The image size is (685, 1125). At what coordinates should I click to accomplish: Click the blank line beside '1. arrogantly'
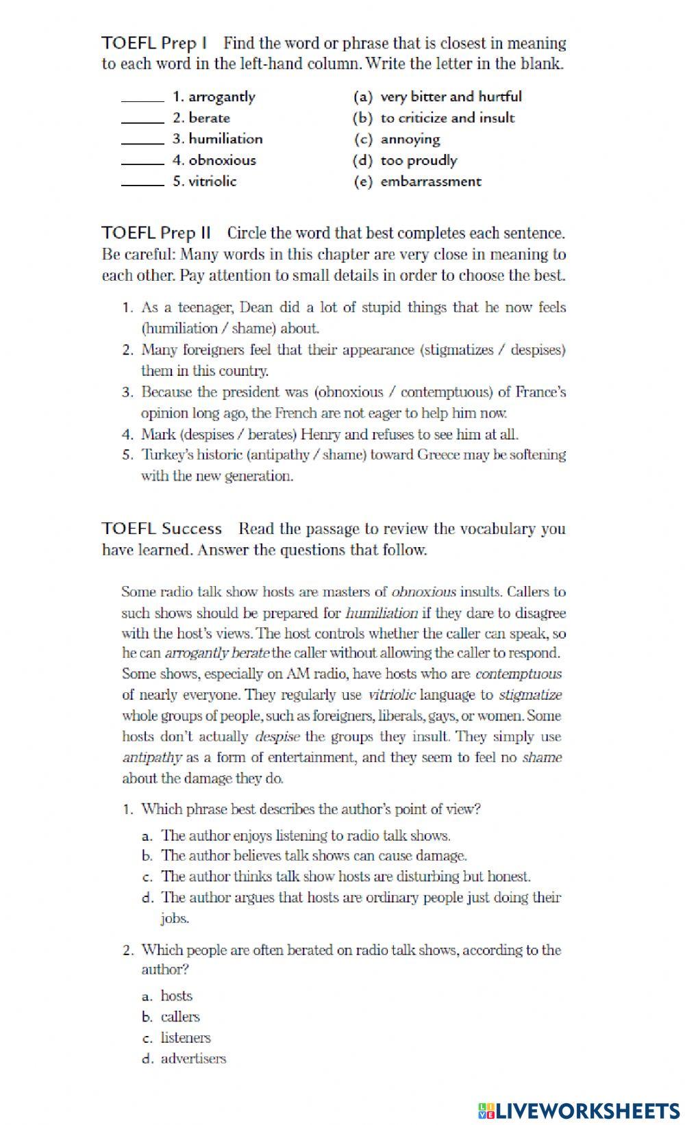tap(142, 100)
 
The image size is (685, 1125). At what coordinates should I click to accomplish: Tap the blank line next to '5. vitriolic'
tap(142, 184)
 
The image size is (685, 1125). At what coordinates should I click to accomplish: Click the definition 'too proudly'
tap(419, 161)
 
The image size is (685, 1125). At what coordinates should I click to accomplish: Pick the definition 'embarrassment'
tap(431, 182)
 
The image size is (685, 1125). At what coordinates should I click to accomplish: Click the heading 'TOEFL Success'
tap(162, 529)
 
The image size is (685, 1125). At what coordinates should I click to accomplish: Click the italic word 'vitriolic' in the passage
tap(392, 695)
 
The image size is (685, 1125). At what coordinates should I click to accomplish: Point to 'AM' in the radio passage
tap(298, 674)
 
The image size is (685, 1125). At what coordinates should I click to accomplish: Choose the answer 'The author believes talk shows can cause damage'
tap(314, 856)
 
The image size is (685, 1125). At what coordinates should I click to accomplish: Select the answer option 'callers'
tap(180, 1017)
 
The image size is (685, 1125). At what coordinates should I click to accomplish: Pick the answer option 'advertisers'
tap(193, 1059)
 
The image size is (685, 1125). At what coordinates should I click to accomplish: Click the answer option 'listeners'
tap(186, 1038)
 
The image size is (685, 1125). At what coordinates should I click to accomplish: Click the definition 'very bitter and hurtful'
tap(451, 97)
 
